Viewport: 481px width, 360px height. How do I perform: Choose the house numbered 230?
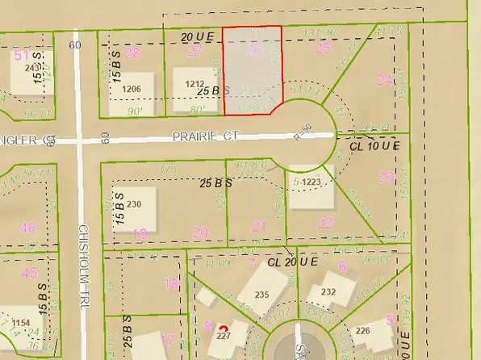click(x=134, y=204)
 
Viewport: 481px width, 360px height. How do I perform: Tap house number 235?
click(x=261, y=295)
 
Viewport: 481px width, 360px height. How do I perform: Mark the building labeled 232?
click(x=328, y=292)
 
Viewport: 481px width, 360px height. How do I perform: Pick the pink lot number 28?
click(x=133, y=53)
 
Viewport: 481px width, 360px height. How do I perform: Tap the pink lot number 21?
click(x=258, y=225)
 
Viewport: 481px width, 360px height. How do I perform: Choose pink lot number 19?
click(x=140, y=233)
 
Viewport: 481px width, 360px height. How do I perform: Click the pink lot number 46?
click(x=29, y=228)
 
